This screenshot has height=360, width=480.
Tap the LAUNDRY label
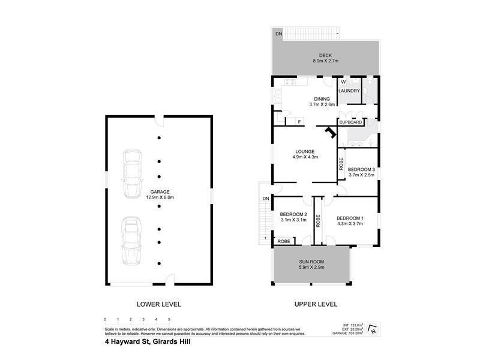coord(349,91)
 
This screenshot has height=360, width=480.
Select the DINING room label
coord(322,99)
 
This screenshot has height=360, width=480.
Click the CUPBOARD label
coord(350,122)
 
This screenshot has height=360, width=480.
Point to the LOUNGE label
coord(305,151)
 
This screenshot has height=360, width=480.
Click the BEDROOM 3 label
coord(361,170)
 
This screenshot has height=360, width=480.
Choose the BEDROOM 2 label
coord(293,214)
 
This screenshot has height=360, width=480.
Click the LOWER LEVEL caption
coord(159,304)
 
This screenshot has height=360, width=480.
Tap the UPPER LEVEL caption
coord(316,304)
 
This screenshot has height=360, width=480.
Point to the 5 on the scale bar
coord(169,319)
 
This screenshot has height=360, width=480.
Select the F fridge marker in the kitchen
coord(299,122)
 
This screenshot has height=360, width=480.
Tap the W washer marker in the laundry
coord(343,82)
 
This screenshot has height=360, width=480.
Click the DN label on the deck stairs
coord(278,34)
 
